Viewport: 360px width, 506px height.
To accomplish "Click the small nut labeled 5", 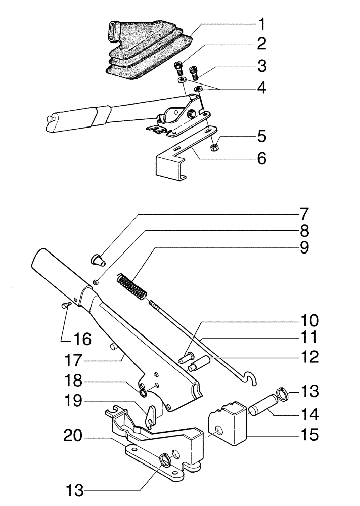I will [x=213, y=147].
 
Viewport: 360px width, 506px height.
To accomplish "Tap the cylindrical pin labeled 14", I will [x=262, y=405].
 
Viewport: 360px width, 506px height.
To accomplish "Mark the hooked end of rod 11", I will [x=251, y=378].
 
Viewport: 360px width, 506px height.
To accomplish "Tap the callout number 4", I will [x=261, y=88].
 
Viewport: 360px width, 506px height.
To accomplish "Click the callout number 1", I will [x=261, y=25].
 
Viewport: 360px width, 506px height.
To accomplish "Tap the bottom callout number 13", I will [x=74, y=490].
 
